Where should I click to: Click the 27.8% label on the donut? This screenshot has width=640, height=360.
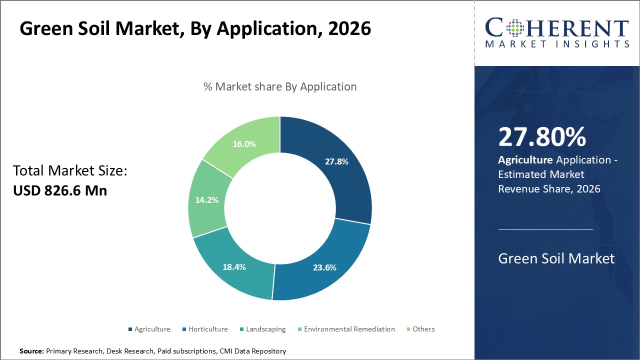(336, 161)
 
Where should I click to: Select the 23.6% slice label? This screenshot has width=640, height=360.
(324, 267)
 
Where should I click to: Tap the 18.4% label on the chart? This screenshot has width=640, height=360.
(234, 267)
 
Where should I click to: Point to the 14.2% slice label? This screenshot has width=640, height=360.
(207, 200)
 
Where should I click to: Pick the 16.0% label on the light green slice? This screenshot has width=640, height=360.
(244, 144)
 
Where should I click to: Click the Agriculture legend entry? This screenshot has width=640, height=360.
(152, 329)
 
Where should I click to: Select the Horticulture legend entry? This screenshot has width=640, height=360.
(207, 329)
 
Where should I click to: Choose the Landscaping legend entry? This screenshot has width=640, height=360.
(265, 329)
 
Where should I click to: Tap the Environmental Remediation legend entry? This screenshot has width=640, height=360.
(349, 329)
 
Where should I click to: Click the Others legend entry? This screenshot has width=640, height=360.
(423, 329)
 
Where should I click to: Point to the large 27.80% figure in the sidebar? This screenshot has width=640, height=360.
(542, 137)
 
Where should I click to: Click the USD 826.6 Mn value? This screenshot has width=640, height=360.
(60, 190)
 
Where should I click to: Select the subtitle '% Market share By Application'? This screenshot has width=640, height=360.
(280, 86)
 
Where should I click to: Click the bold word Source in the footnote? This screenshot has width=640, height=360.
(31, 351)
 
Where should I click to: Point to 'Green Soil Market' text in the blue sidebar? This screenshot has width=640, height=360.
(556, 258)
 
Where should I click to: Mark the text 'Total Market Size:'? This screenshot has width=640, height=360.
(70, 171)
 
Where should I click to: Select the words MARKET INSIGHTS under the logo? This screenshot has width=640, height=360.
(556, 44)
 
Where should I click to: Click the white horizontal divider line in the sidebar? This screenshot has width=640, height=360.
(545, 229)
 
